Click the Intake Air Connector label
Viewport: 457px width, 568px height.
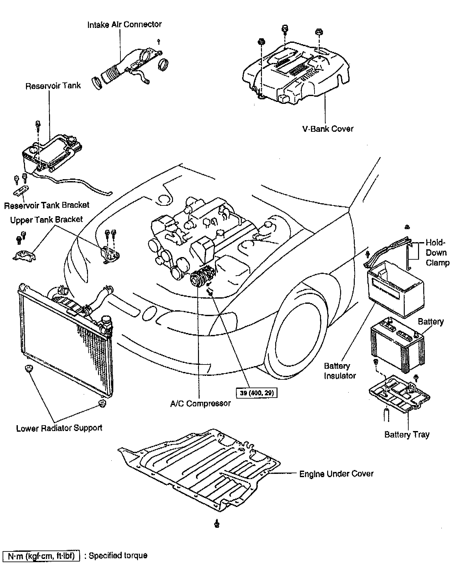[124, 24]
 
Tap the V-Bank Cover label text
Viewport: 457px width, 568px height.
[328, 129]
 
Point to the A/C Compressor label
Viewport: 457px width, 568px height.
[201, 403]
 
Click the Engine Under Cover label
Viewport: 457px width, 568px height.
[336, 474]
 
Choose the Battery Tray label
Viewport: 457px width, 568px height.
[407, 435]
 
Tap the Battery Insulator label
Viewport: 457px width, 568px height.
[339, 371]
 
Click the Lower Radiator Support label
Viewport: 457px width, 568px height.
[59, 428]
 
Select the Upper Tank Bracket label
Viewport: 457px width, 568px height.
[46, 220]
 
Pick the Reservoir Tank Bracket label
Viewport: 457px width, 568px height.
[47, 205]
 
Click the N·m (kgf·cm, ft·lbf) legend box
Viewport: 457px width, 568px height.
[41, 556]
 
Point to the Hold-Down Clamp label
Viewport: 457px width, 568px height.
[437, 253]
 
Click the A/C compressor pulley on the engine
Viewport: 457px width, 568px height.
[196, 278]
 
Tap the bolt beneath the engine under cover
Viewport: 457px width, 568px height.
[217, 524]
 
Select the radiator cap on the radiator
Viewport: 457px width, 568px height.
[106, 321]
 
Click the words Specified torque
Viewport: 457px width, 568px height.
[118, 556]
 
